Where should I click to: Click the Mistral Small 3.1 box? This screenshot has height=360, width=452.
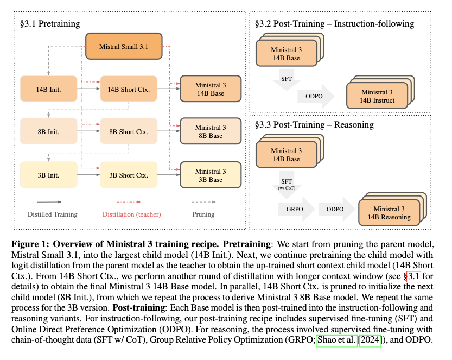point(124,47)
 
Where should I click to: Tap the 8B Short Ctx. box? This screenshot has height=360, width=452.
point(128,131)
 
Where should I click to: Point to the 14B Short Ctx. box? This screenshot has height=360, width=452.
point(128,89)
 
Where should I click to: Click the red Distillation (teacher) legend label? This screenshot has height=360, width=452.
point(131,214)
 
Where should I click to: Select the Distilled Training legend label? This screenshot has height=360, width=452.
point(52,214)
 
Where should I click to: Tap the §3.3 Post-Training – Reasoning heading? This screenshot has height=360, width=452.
point(314,125)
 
